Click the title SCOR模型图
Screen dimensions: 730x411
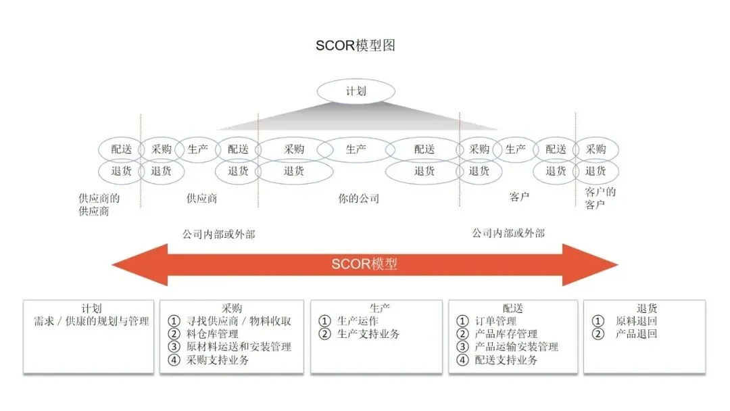[x=356, y=45]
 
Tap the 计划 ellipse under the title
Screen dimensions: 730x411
[x=356, y=91]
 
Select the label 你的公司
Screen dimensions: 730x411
[x=358, y=199]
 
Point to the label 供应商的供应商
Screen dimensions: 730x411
[x=99, y=204]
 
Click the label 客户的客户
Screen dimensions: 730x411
[x=600, y=197]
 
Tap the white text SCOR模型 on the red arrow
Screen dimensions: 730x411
[x=364, y=264]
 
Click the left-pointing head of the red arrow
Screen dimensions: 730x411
[x=132, y=264]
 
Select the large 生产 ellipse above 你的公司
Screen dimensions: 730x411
[x=356, y=149]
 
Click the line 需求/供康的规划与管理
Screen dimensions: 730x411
[x=91, y=321]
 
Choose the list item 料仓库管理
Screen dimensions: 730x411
[x=212, y=334]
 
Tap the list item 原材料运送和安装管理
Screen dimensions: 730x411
[x=239, y=347]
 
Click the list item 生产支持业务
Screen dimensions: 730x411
[x=368, y=334]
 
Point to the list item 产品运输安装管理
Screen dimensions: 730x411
[x=516, y=347]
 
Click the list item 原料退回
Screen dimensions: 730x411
[x=636, y=321]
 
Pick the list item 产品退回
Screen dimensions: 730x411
[x=636, y=334]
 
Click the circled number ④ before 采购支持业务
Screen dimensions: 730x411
[x=175, y=360]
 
